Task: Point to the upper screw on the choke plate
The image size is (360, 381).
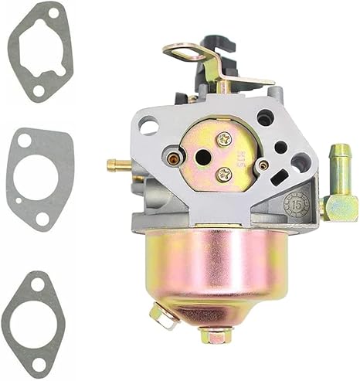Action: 224,139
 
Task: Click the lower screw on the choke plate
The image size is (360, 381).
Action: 224,174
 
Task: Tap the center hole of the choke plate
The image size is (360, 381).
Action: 203,157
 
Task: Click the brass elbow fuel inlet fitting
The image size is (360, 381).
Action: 338,193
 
